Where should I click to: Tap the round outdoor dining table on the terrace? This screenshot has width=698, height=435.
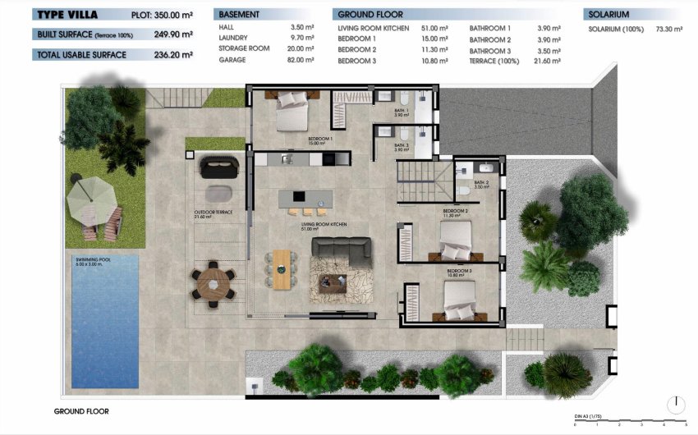point(214,284)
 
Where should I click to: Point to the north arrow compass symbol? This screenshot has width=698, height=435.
point(675,405)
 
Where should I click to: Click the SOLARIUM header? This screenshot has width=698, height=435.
point(608,15)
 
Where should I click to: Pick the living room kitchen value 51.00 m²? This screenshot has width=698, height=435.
point(434,28)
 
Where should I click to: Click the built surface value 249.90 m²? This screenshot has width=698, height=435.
point(173,34)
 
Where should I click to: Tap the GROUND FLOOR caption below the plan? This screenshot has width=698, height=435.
point(81,411)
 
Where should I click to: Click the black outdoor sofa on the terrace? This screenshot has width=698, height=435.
point(218,166)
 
